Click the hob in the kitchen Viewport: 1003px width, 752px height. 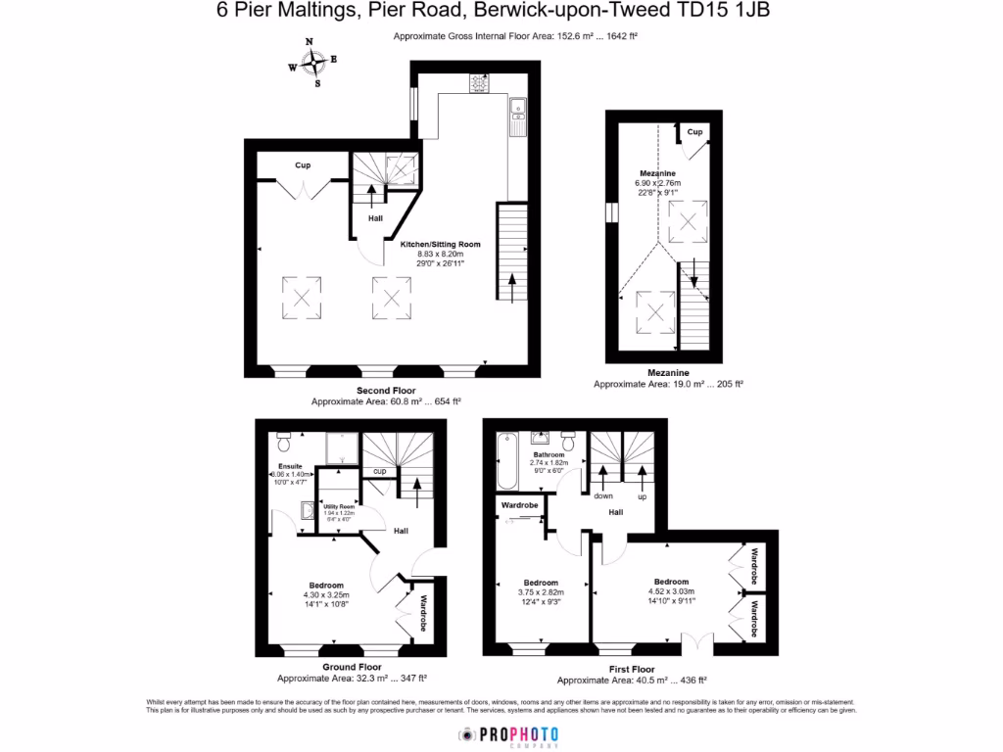click(479, 84)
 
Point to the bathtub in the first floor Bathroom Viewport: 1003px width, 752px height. click(508, 459)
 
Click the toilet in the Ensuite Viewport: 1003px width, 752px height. click(284, 434)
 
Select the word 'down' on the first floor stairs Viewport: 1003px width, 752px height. click(601, 496)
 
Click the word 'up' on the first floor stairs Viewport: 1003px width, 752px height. click(643, 496)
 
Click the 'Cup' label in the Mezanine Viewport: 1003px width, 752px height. click(694, 132)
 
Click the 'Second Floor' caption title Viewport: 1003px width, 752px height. click(386, 390)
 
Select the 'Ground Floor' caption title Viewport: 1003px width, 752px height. click(352, 667)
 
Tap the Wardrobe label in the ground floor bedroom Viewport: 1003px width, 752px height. click(423, 614)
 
